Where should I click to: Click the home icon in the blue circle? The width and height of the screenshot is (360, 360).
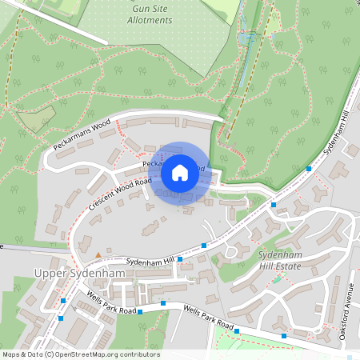click(180, 172)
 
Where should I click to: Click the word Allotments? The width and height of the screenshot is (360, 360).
click(150, 19)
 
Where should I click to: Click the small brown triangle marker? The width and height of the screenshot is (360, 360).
click(98, 254)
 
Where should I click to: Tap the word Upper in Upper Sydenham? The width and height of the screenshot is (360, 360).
click(49, 274)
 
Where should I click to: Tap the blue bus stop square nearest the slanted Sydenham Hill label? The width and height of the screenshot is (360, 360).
click(310, 169)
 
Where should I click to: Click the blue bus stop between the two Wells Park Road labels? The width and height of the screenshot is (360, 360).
click(163, 303)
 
